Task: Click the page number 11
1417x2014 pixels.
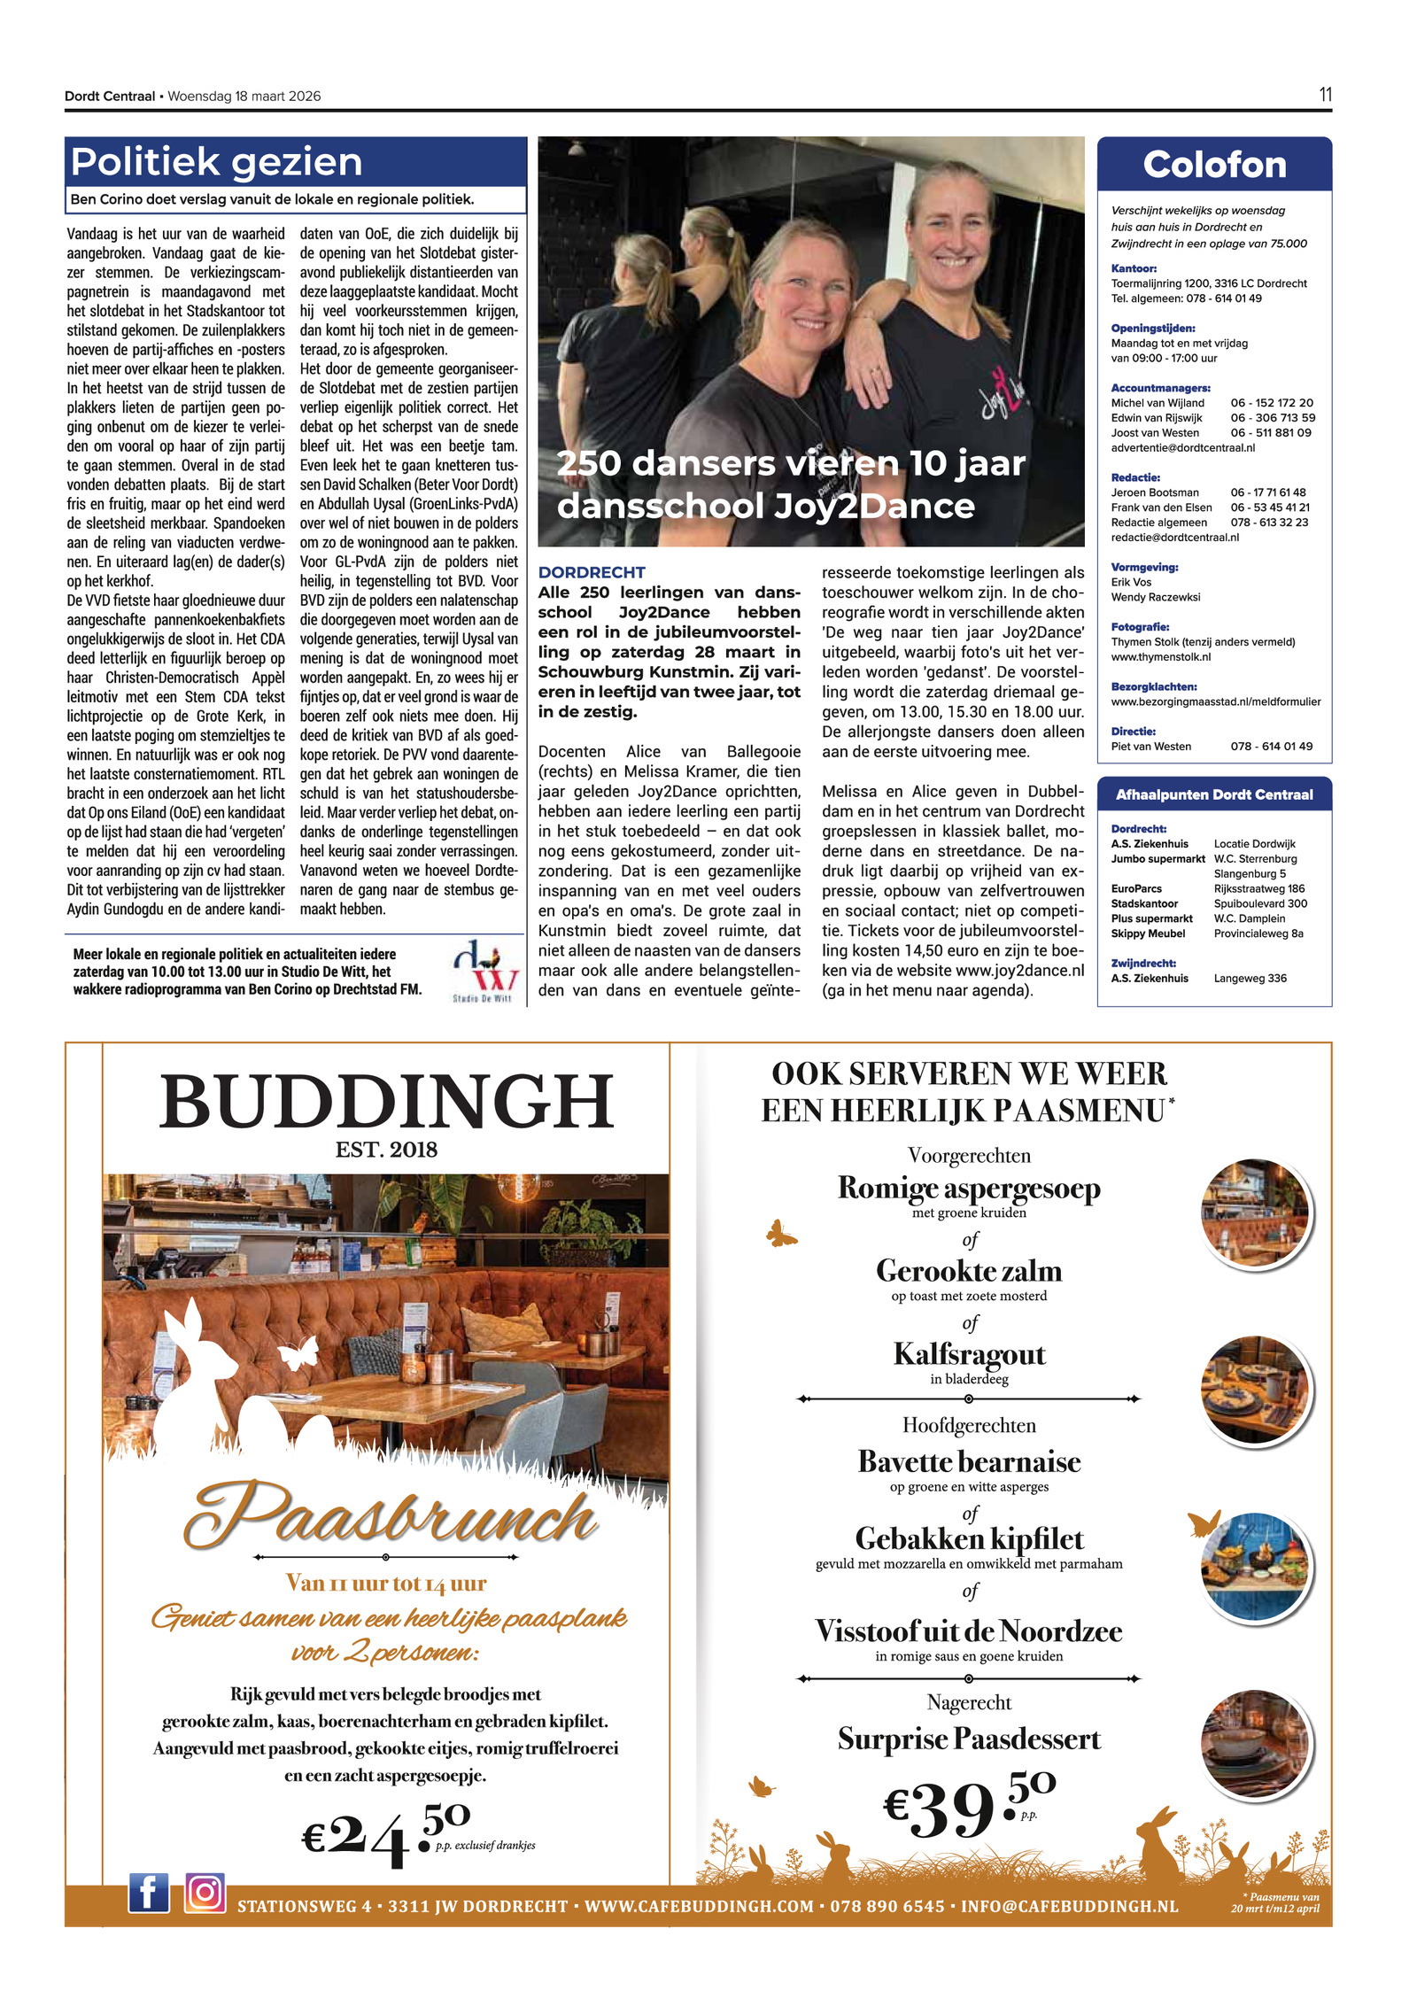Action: pos(1325,95)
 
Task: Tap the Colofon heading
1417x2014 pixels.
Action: pos(1213,165)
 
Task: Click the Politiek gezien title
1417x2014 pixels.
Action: pos(217,162)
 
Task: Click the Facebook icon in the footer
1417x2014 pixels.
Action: pos(148,1893)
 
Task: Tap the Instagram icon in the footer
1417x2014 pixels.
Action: pos(205,1893)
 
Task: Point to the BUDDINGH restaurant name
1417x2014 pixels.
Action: pos(386,1102)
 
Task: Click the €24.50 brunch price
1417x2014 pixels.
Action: pos(385,1832)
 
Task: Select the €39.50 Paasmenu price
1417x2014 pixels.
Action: pos(968,1806)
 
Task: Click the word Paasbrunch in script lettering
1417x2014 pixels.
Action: pos(390,1515)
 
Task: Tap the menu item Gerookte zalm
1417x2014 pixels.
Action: pos(969,1271)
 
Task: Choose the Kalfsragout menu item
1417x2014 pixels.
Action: pos(969,1354)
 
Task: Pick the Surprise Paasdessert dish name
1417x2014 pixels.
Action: pos(969,1739)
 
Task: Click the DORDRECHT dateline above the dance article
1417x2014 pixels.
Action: pos(592,572)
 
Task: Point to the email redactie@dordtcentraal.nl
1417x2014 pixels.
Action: pos(1174,538)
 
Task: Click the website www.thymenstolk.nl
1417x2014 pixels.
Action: pos(1160,657)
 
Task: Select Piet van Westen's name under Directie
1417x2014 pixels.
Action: pos(1150,747)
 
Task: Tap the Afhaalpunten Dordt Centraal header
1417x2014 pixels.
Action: pos(1213,794)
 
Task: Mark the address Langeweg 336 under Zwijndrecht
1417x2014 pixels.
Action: pos(1250,978)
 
